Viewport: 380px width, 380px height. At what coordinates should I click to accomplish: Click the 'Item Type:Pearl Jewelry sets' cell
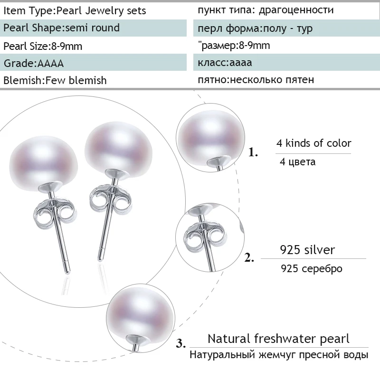pyautogui.click(x=75, y=10)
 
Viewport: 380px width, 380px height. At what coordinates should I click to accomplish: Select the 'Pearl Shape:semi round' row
pyautogui.click(x=62, y=28)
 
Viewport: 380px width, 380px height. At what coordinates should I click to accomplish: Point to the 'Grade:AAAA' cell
pyautogui.click(x=33, y=63)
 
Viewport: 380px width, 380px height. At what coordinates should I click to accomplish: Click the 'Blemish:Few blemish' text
pyautogui.click(x=55, y=80)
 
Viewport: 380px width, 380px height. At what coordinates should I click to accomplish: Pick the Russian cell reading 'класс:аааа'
pyautogui.click(x=225, y=63)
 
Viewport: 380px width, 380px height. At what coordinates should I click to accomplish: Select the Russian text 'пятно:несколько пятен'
pyautogui.click(x=256, y=80)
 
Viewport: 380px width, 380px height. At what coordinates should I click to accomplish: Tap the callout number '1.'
pyautogui.click(x=254, y=153)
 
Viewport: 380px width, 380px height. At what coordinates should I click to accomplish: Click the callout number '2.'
pyautogui.click(x=249, y=259)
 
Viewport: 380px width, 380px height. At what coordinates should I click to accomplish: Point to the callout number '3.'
pyautogui.click(x=180, y=343)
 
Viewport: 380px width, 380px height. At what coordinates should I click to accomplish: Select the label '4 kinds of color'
pyautogui.click(x=314, y=143)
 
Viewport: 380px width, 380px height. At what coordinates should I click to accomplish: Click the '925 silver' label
pyautogui.click(x=307, y=249)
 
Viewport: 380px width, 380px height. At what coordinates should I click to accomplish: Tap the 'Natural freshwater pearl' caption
pyautogui.click(x=278, y=339)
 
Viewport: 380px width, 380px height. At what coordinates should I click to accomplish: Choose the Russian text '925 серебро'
pyautogui.click(x=312, y=268)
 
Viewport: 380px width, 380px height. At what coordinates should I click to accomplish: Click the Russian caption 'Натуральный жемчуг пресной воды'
pyautogui.click(x=279, y=355)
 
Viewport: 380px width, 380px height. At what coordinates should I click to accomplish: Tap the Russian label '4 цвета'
pyautogui.click(x=298, y=162)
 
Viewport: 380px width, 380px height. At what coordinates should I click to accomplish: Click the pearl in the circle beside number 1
pyautogui.click(x=204, y=131)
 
